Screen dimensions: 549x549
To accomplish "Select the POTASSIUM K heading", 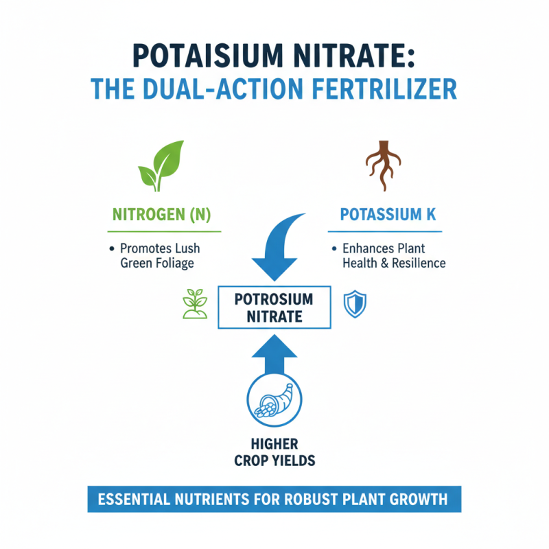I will [x=388, y=215].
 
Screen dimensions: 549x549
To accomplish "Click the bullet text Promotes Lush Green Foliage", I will [x=160, y=255].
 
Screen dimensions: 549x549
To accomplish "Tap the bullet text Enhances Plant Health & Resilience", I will [x=388, y=255].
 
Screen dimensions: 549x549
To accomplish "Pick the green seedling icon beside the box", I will [x=194, y=303].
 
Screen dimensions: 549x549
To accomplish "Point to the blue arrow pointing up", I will [x=274, y=354].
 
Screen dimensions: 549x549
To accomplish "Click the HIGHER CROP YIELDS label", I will [x=274, y=453].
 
